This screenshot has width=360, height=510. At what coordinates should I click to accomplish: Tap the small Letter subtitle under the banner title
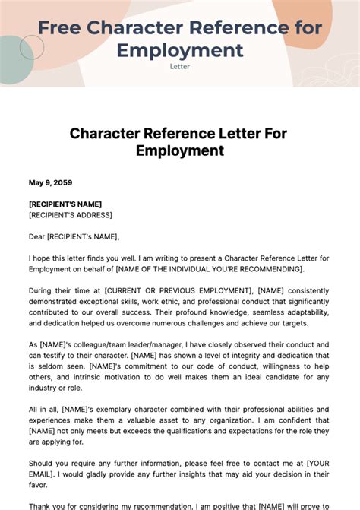tap(180, 66)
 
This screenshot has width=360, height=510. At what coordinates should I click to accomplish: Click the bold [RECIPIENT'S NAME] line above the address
tap(65, 204)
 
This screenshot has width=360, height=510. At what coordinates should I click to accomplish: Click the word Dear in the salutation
tap(39, 236)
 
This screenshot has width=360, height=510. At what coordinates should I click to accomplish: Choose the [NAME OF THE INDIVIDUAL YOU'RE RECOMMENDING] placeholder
tap(209, 269)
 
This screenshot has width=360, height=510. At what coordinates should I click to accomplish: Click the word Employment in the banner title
tap(180, 50)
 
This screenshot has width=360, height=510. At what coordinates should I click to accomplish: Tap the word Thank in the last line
tap(42, 505)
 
